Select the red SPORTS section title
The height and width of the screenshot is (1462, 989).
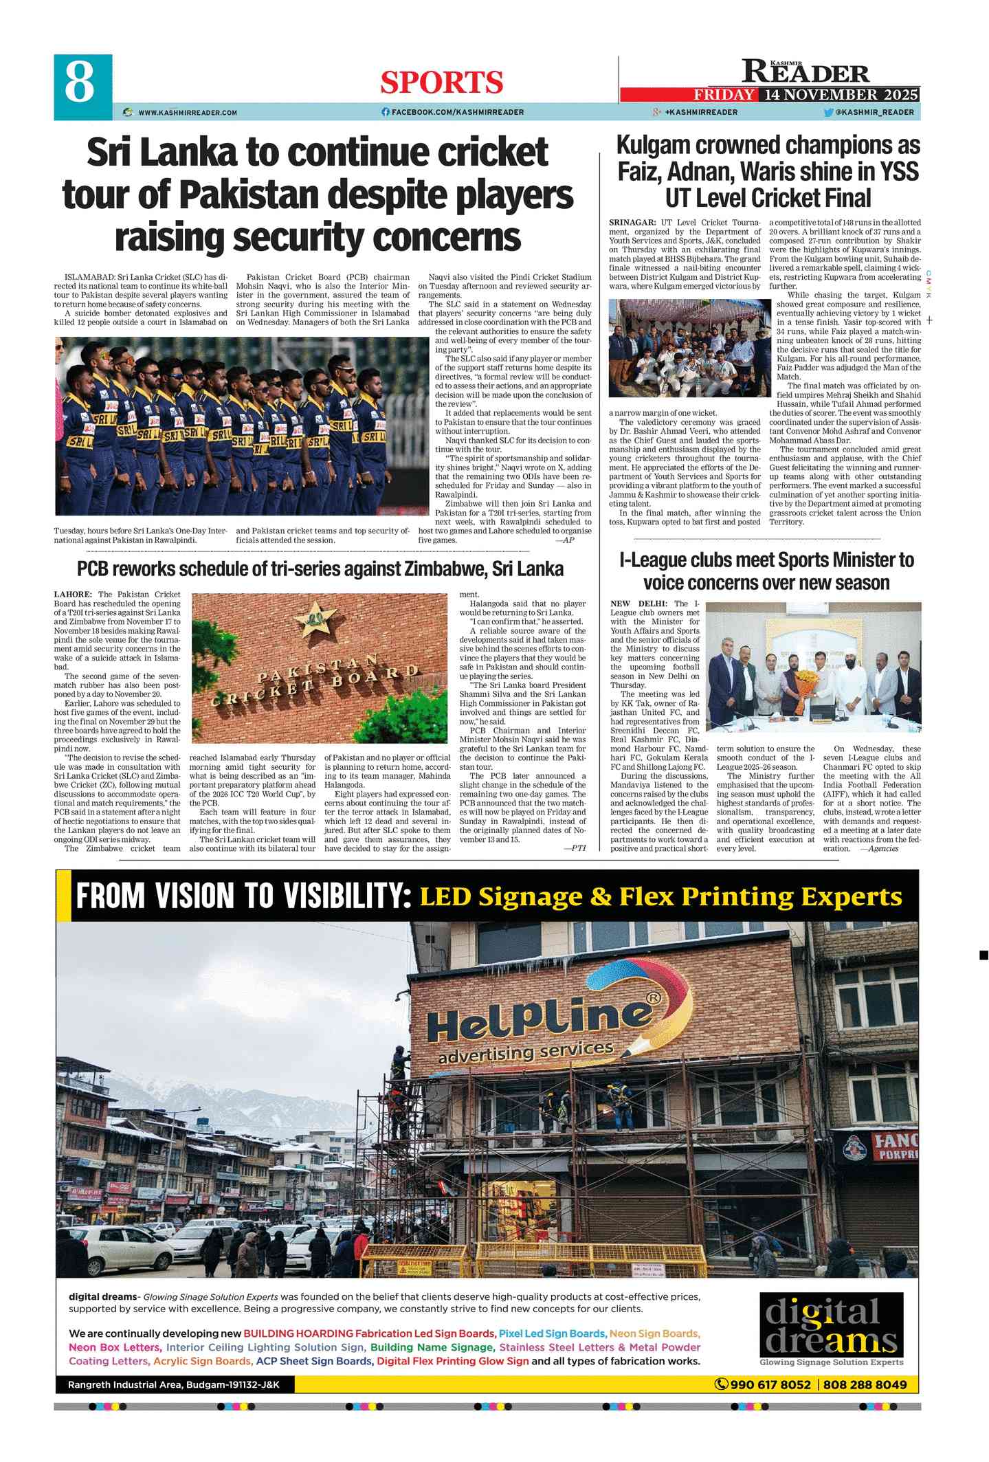(442, 83)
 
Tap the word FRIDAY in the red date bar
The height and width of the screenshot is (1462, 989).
(723, 95)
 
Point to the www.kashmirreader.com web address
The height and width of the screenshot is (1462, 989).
(188, 113)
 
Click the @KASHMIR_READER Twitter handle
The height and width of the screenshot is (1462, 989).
(874, 112)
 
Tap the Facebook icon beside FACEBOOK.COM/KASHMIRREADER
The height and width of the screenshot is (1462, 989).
(386, 112)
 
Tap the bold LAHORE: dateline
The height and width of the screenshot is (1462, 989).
(73, 595)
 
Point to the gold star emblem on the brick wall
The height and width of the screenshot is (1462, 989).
(315, 618)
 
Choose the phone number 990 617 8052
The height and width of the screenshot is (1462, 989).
(770, 1384)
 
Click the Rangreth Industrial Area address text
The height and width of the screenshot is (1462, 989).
(174, 1384)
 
